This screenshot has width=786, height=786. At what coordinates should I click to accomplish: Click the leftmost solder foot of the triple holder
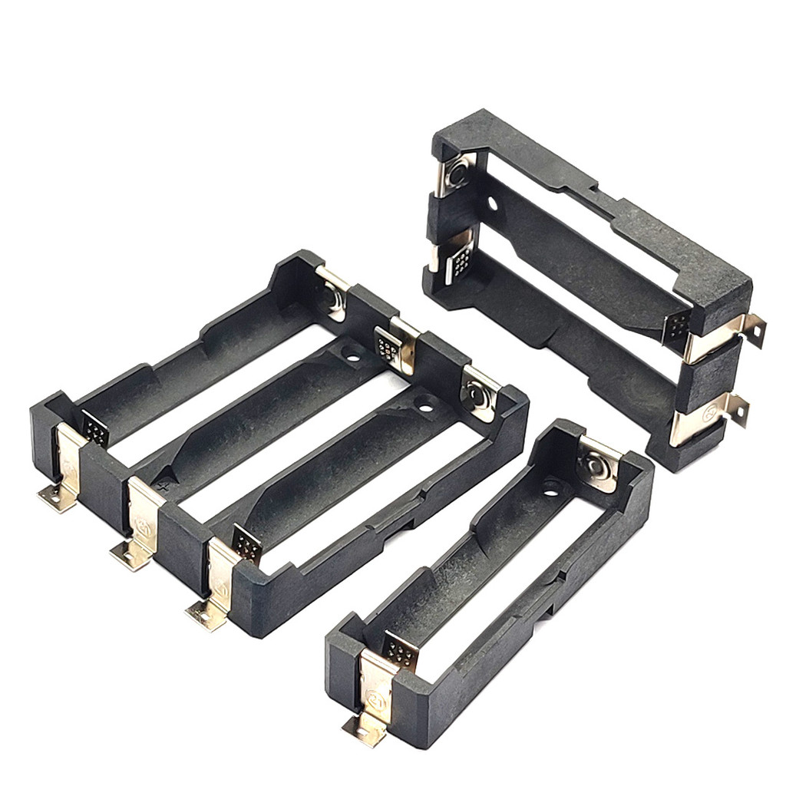click(x=55, y=500)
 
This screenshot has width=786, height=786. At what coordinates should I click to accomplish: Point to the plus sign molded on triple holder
click(x=162, y=486)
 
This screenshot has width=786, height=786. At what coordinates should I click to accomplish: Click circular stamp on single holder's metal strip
click(x=376, y=699)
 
